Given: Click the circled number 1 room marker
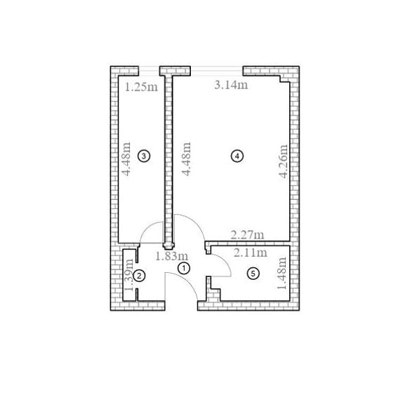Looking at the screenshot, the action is pyautogui.click(x=184, y=268).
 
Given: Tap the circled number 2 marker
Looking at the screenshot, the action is pyautogui.click(x=139, y=276).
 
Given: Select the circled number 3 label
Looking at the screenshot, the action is pyautogui.click(x=144, y=156).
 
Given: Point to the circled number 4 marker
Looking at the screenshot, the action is pyautogui.click(x=237, y=156).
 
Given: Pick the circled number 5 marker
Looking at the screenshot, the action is pyautogui.click(x=253, y=274).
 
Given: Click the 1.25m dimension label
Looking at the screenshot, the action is pyautogui.click(x=141, y=87).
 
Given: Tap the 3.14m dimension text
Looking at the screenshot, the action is pyautogui.click(x=231, y=85).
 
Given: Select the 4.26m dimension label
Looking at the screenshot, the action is pyautogui.click(x=283, y=161).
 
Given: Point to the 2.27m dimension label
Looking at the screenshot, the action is pyautogui.click(x=247, y=235).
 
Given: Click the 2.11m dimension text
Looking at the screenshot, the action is pyautogui.click(x=251, y=253).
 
